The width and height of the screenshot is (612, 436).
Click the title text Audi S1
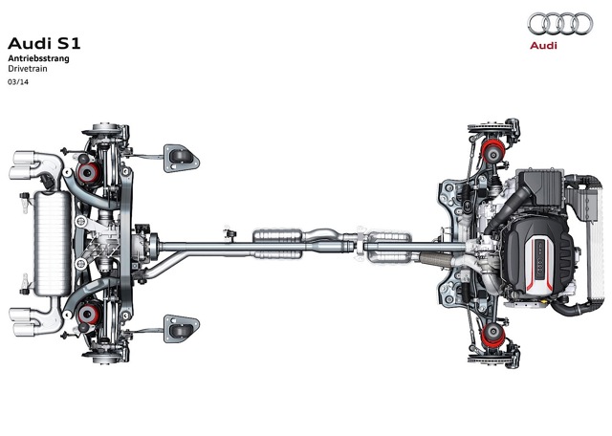pyautogui.click(x=44, y=43)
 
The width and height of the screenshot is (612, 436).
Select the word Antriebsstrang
pyautogui.click(x=38, y=58)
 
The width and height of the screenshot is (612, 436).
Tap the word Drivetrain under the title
pyautogui.click(x=28, y=69)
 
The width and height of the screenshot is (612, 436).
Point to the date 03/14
pyautogui.click(x=18, y=82)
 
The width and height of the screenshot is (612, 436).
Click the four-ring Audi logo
pyautogui.click(x=560, y=23)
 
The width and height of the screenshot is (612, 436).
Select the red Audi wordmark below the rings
pyautogui.click(x=543, y=46)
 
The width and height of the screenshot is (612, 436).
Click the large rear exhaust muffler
pyautogui.click(x=53, y=243)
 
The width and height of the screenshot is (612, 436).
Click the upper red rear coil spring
pyautogui.click(x=89, y=173)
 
